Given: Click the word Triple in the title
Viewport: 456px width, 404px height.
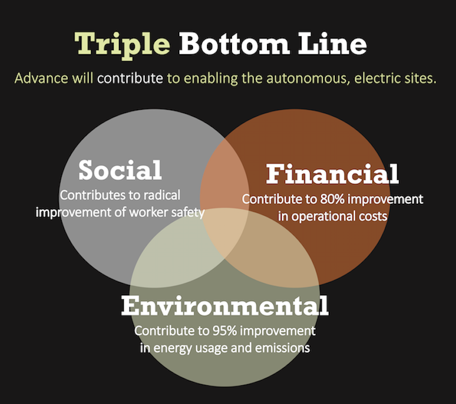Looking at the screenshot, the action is (122, 45).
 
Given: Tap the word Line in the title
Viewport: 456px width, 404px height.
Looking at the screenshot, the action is (332, 44).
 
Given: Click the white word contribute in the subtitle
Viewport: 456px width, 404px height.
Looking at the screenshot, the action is (130, 78).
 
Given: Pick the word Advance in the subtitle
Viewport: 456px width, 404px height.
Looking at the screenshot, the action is (41, 78).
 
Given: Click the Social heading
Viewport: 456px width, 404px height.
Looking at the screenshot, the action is (120, 170).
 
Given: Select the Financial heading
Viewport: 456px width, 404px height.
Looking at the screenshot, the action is (332, 174).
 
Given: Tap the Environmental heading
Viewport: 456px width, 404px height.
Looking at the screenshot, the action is (225, 306).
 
